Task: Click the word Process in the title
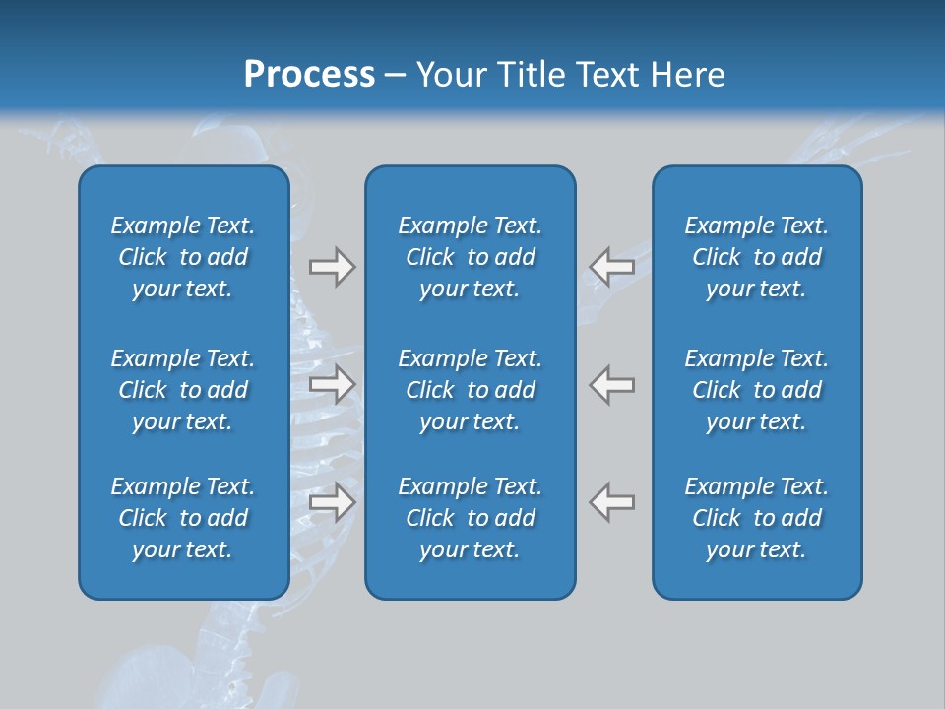click(x=309, y=75)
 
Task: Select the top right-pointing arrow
click(x=332, y=267)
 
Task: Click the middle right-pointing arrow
click(x=332, y=384)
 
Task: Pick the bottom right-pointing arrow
click(x=332, y=502)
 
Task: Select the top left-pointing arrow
click(x=612, y=267)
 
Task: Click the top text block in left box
click(x=183, y=257)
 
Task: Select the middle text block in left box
click(x=183, y=390)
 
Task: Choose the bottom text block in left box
click(x=183, y=518)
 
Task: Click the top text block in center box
click(x=470, y=257)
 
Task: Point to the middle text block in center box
click(x=470, y=390)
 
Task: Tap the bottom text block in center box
click(x=470, y=518)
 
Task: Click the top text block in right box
click(x=756, y=257)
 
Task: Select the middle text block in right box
click(x=756, y=390)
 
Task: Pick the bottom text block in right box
click(x=756, y=518)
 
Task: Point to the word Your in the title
click(x=449, y=75)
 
